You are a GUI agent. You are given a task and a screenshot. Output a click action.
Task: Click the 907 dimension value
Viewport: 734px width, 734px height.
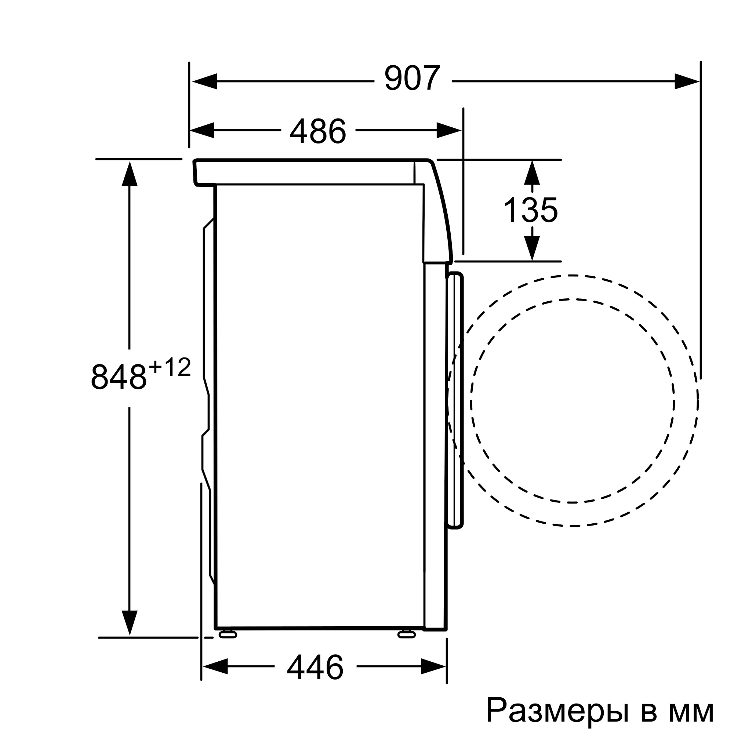[412, 79]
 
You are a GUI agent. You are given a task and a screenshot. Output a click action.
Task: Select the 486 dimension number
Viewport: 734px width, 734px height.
[318, 131]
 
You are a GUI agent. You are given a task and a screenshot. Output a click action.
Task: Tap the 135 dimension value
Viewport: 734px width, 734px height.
[531, 210]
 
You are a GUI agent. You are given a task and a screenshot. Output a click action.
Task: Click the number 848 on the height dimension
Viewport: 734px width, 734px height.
[119, 377]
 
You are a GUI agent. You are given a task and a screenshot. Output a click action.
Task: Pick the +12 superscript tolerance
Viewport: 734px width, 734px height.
[170, 368]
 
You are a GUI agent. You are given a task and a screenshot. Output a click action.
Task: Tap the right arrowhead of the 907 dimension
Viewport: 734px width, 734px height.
[687, 81]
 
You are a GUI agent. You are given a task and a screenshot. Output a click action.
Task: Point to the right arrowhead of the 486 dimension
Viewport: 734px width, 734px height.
[449, 130]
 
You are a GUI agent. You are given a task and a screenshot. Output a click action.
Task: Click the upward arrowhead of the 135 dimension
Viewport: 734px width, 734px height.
[532, 173]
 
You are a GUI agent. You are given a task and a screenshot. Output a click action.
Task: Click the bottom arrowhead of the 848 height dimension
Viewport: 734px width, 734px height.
[130, 623]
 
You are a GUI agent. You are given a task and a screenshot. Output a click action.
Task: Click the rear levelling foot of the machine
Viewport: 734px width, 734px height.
[228, 634]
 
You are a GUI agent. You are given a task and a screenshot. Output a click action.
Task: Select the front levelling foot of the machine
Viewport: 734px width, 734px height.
[407, 634]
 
